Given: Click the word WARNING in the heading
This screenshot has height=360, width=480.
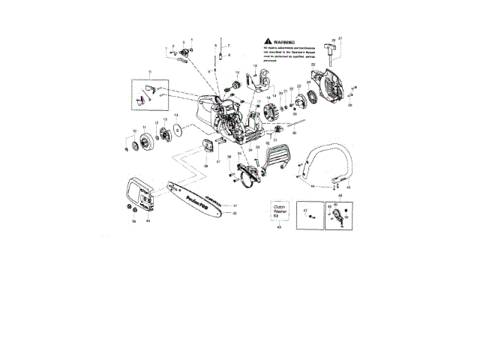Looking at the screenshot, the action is (283, 43).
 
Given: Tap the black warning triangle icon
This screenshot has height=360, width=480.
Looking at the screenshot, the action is (268, 43).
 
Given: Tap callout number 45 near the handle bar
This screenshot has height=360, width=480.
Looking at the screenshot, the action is (347, 187).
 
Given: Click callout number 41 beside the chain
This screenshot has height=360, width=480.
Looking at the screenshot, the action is (235, 205).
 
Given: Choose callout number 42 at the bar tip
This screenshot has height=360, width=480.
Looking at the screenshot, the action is (235, 214).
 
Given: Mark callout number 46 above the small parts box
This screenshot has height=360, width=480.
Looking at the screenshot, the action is (339, 195).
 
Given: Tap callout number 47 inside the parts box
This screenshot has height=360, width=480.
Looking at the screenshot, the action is (306, 211).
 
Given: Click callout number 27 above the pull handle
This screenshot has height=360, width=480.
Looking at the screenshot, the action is (340, 37).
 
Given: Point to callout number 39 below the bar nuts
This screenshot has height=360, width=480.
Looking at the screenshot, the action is (133, 221).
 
